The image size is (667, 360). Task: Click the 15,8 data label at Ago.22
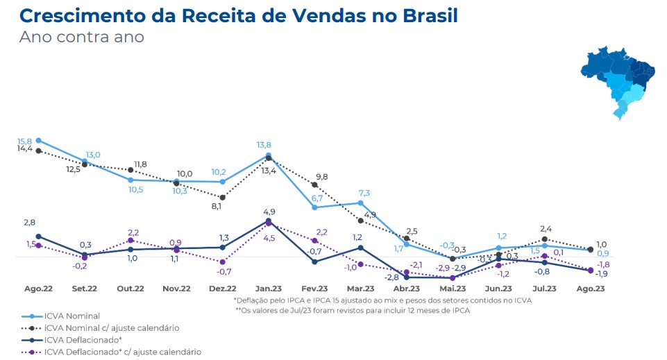tap(26, 141)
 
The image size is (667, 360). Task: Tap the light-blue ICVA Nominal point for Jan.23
tap(269, 155)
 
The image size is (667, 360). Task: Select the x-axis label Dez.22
tap(222, 289)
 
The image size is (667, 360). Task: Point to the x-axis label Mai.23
tap(452, 289)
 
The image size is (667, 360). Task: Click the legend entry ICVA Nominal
tap(71, 316)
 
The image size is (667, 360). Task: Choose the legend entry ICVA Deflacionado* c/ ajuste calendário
tap(122, 352)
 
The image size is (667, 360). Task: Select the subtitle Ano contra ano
tap(81, 37)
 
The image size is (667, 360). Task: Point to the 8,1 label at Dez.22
tap(217, 206)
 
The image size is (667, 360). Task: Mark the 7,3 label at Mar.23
tap(364, 193)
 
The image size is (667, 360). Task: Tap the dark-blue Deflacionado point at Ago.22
tap(38, 237)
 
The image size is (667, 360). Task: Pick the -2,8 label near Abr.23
tap(392, 277)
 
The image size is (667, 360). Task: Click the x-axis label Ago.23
tap(589, 289)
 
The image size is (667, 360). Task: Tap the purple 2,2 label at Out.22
tap(133, 232)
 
